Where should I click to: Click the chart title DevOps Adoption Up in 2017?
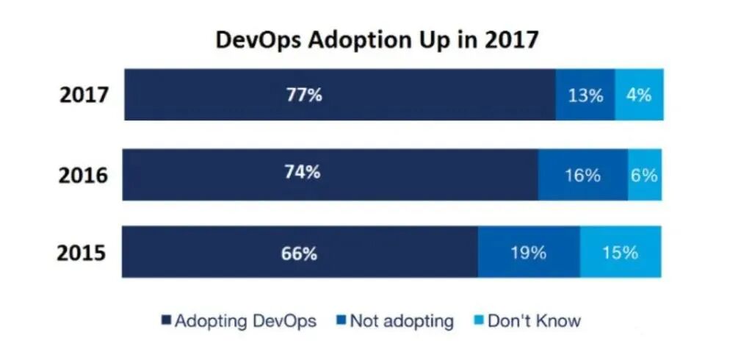click(377, 40)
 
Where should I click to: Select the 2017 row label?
click(84, 96)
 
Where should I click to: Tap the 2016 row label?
click(83, 176)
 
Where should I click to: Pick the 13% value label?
click(585, 96)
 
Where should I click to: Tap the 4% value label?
click(639, 95)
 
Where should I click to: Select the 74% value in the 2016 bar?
click(303, 173)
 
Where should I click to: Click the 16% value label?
click(583, 176)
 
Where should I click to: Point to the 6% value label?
click(644, 176)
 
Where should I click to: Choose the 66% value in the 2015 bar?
click(300, 253)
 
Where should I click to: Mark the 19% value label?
click(529, 253)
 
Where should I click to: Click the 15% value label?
click(620, 253)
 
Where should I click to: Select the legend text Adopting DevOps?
click(246, 321)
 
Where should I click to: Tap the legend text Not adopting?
click(402, 321)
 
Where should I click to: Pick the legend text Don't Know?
click(535, 321)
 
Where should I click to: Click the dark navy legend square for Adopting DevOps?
click(165, 321)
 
